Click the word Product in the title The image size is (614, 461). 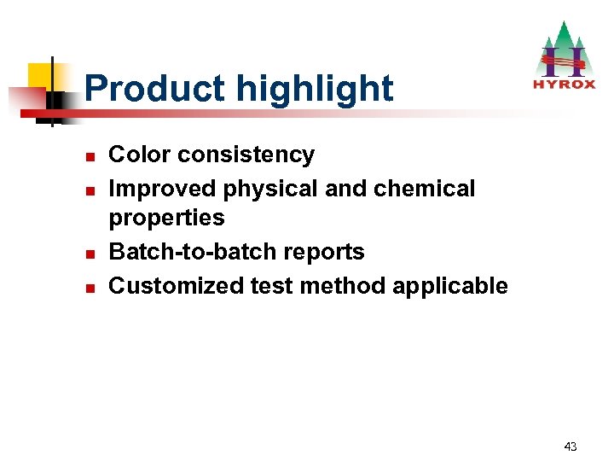coord(155,89)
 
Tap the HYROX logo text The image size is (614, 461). coord(564,85)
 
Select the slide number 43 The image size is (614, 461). coord(571,446)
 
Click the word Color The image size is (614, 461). coord(139,155)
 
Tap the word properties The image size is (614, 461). coord(166,219)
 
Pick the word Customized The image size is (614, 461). coord(177,285)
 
